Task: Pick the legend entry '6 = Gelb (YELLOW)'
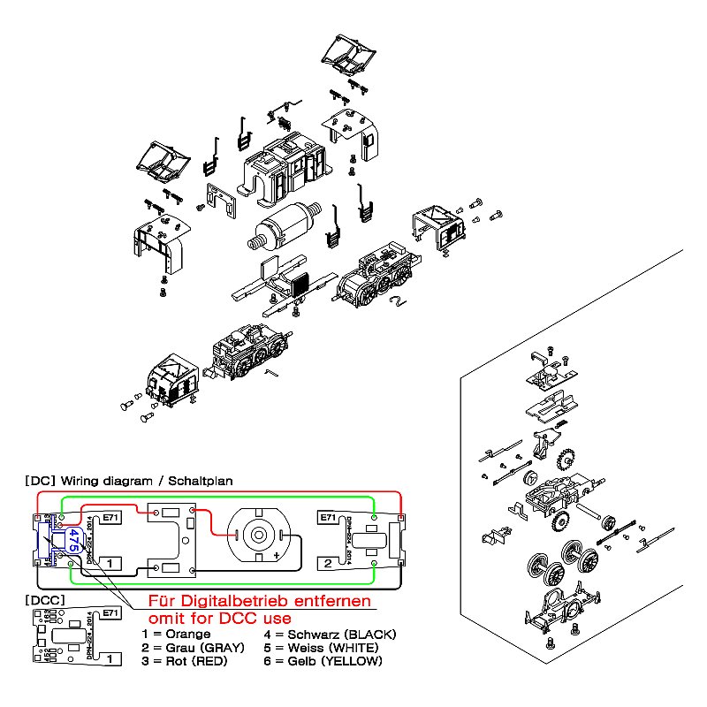click(323, 661)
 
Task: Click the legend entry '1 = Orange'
click(177, 635)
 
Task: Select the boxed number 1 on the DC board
click(109, 562)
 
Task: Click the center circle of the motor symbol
click(258, 534)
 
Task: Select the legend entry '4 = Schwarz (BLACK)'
click(331, 635)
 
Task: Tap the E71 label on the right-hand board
click(326, 518)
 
